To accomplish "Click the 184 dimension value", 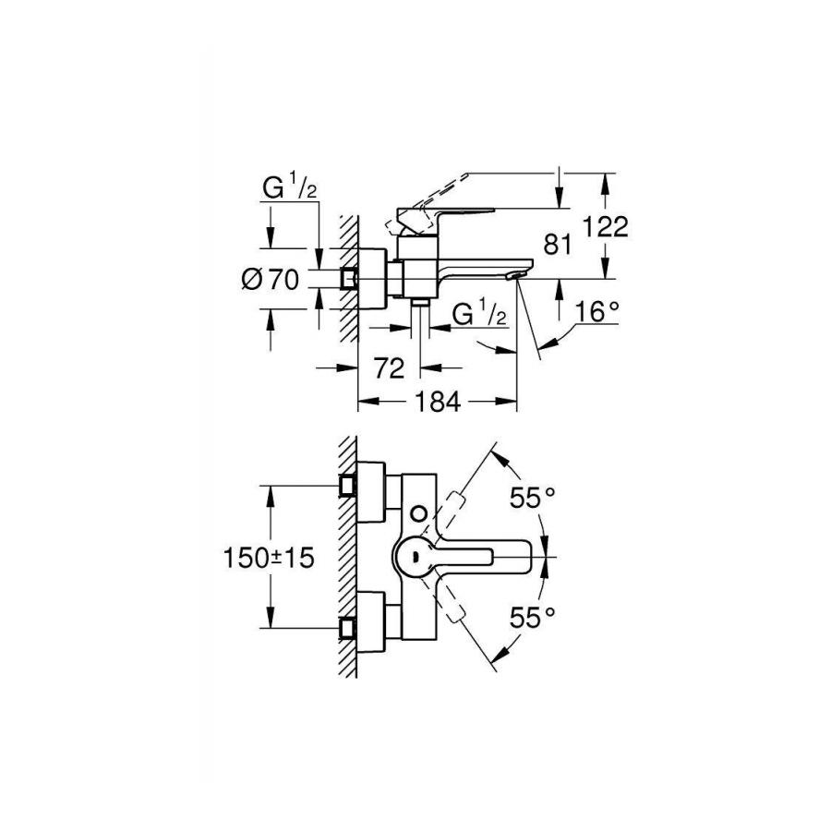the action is coord(438,403).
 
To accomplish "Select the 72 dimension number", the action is coord(389,368).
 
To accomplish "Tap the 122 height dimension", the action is coord(605,227).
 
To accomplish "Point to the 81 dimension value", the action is coord(558,245).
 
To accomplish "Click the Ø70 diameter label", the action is coord(271,279).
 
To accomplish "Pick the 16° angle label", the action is coord(596,312).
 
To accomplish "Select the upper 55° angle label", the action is coord(532,498).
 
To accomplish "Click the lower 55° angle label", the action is coord(532,617).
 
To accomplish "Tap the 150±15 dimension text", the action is coord(270,558).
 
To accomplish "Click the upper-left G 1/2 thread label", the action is coord(289,188).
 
